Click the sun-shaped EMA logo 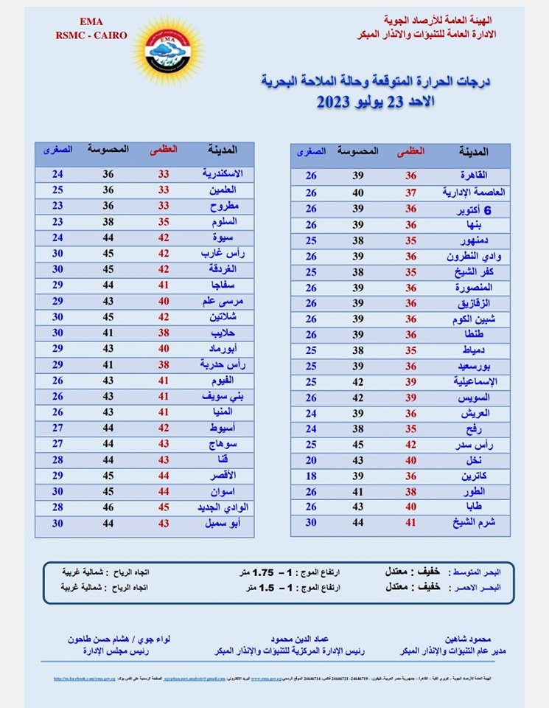(166, 50)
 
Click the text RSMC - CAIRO (91, 35)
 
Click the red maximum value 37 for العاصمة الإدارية (410, 192)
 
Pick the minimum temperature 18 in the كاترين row (311, 476)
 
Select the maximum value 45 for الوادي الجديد (164, 507)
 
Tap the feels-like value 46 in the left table (108, 507)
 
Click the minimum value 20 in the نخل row (311, 459)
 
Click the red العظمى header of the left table (164, 149)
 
